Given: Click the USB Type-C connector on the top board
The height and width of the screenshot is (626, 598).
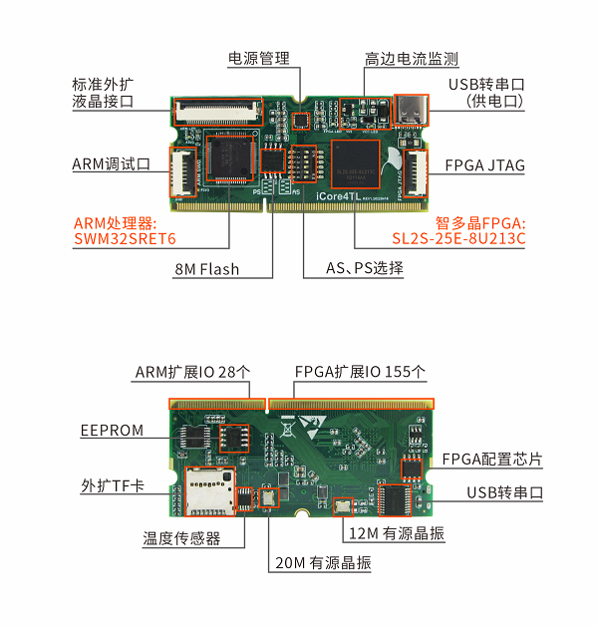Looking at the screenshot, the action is point(412,111).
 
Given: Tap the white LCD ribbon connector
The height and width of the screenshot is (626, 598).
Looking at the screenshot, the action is point(218,111).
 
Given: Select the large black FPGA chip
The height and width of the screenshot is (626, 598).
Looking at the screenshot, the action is point(355,163).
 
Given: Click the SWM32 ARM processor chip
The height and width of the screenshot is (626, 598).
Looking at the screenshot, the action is point(229,158).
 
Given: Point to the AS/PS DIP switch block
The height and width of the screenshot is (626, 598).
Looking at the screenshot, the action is point(304,163).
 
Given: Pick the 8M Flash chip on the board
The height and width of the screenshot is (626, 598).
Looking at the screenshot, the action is point(273,160).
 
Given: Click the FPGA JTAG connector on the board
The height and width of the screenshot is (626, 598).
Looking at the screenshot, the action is point(416,173).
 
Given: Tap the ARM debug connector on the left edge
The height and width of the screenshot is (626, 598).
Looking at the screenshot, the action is point(183,172).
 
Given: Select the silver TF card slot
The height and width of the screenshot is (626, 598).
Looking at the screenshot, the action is point(209,491).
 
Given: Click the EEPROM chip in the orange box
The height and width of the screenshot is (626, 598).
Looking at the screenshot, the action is point(234,438).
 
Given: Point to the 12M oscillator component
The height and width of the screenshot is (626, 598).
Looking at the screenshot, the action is point(343,507).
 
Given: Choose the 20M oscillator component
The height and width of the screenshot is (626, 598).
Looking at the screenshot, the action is point(268,497).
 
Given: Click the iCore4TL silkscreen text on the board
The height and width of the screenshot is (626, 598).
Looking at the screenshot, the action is point(338,196).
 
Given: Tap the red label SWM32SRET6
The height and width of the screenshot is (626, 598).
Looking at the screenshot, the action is point(125,239).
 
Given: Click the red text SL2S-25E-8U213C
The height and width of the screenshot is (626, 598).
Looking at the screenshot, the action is point(458,238).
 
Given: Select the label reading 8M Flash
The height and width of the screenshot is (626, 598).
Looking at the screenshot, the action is point(206,269).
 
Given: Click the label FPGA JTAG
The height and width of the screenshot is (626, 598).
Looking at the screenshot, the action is point(484,165).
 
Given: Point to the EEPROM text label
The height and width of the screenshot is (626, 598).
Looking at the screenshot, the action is point(112,431).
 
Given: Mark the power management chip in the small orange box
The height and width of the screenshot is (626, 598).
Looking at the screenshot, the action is point(301,121).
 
